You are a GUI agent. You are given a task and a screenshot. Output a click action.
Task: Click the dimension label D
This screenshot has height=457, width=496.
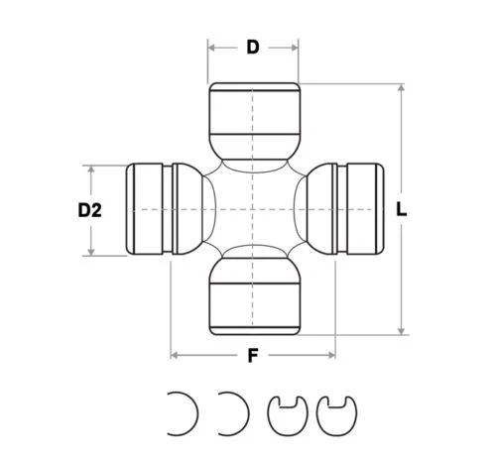pos(253,46)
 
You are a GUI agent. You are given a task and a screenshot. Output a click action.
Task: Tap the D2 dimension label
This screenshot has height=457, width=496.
pos(90,210)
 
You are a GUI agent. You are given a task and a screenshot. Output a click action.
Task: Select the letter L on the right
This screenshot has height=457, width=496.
pos(401,209)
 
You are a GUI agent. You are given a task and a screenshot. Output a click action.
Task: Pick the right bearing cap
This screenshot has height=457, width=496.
pos(358,209)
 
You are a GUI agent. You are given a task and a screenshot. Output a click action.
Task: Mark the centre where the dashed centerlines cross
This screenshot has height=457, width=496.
pos(253,209)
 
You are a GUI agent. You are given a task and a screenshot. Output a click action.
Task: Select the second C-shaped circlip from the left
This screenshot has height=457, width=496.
pos(233,410)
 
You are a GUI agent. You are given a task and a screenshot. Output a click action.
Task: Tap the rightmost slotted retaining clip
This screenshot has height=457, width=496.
pos(334,411)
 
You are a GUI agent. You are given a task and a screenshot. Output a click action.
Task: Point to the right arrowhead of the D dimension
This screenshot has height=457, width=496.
pos(296,46)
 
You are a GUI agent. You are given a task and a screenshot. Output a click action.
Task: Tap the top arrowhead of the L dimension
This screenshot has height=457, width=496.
pos(401,88)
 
